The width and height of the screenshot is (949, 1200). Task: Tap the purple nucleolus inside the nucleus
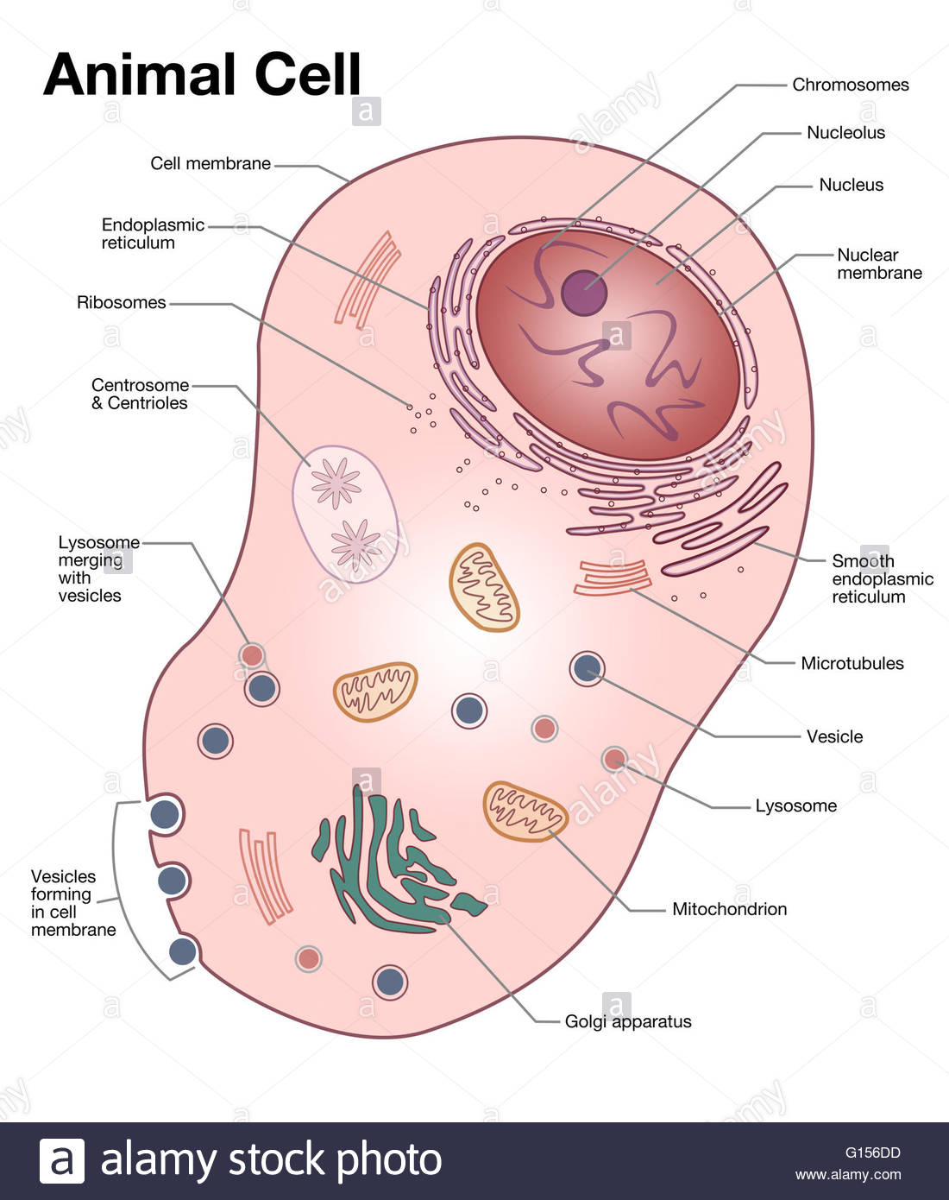pyautogui.click(x=584, y=293)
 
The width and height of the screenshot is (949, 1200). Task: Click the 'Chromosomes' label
pyautogui.click(x=850, y=85)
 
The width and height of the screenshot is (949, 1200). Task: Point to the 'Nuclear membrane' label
pyautogui.click(x=878, y=264)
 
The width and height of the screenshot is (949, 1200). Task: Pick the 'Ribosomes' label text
pyautogui.click(x=121, y=303)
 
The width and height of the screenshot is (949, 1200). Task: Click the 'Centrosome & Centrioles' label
pyautogui.click(x=140, y=394)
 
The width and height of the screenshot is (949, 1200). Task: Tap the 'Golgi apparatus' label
pyautogui.click(x=627, y=1021)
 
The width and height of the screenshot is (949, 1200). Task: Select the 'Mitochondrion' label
pyautogui.click(x=729, y=909)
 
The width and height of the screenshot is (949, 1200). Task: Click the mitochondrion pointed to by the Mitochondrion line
pyautogui.click(x=525, y=812)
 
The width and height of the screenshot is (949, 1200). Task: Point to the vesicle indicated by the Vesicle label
pyautogui.click(x=587, y=668)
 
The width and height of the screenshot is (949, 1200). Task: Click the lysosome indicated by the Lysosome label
pyautogui.click(x=614, y=760)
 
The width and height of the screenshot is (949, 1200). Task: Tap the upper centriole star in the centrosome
pyautogui.click(x=336, y=482)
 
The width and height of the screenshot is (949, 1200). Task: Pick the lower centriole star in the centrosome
pyautogui.click(x=355, y=544)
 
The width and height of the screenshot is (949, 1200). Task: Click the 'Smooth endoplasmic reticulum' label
pyautogui.click(x=882, y=578)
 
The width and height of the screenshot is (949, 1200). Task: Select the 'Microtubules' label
pyautogui.click(x=852, y=664)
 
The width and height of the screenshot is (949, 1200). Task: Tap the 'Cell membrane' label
pyautogui.click(x=210, y=164)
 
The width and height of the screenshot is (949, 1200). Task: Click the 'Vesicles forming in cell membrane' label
pyautogui.click(x=72, y=903)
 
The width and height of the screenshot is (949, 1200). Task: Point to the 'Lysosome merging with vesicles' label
pyautogui.click(x=97, y=569)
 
